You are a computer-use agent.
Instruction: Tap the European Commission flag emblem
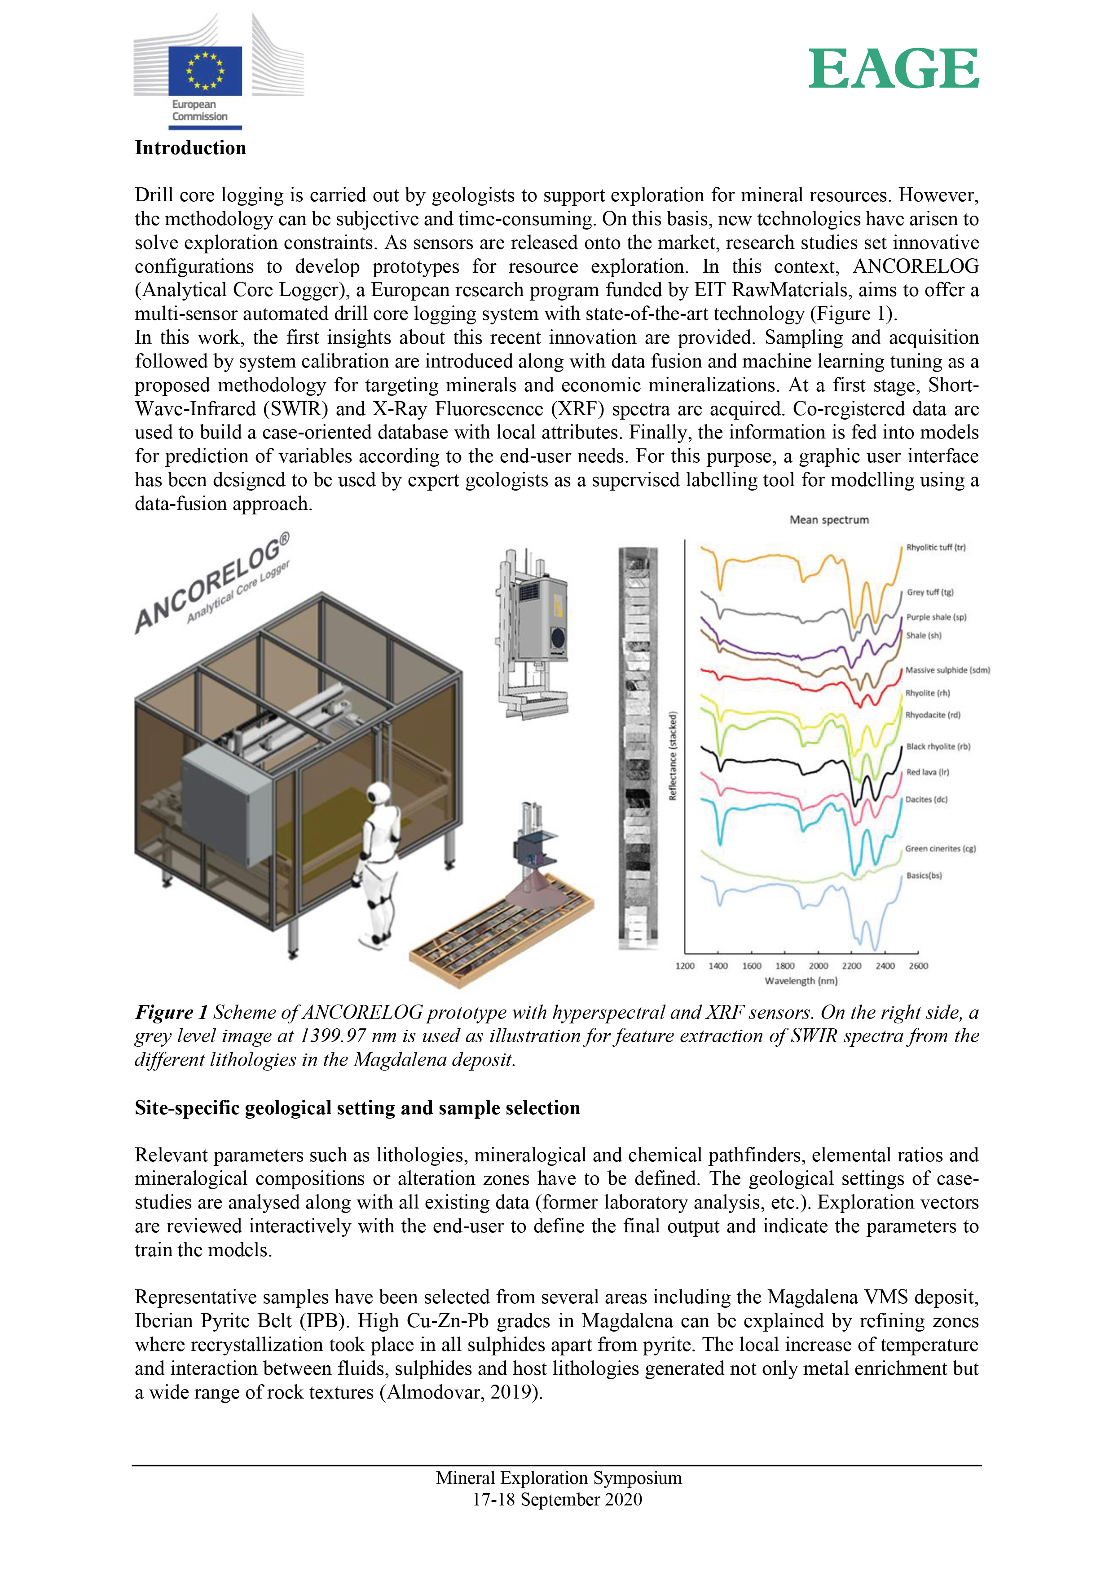tap(205, 71)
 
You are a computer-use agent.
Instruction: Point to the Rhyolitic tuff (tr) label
tap(936, 547)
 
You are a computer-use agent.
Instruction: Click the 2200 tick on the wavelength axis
tap(851, 966)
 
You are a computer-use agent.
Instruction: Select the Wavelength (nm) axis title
tap(801, 981)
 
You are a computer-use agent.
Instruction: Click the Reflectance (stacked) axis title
tap(673, 755)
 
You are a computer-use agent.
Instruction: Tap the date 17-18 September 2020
tap(557, 1499)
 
